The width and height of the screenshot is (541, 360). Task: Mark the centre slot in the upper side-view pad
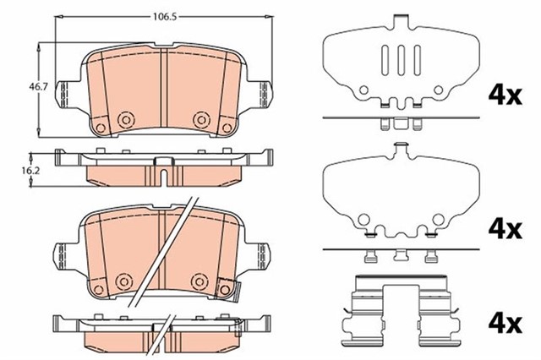(161, 176)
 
